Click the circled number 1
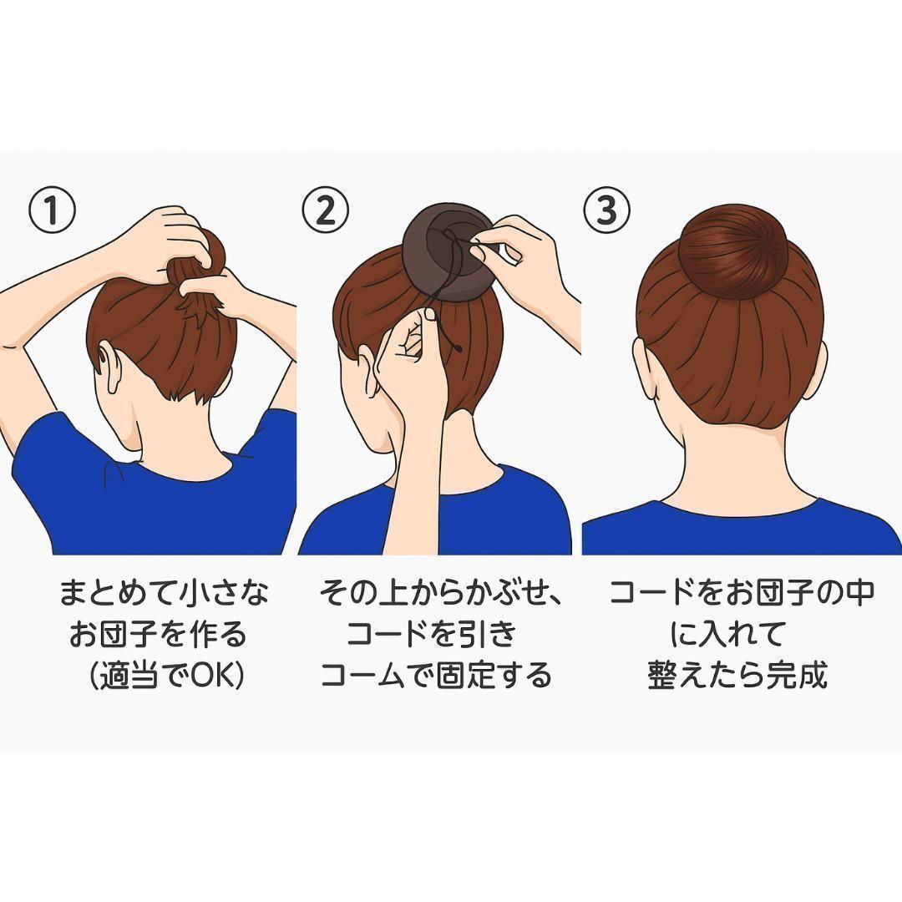click(53, 210)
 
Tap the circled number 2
click(326, 210)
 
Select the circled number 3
click(607, 210)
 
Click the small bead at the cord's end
click(458, 348)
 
